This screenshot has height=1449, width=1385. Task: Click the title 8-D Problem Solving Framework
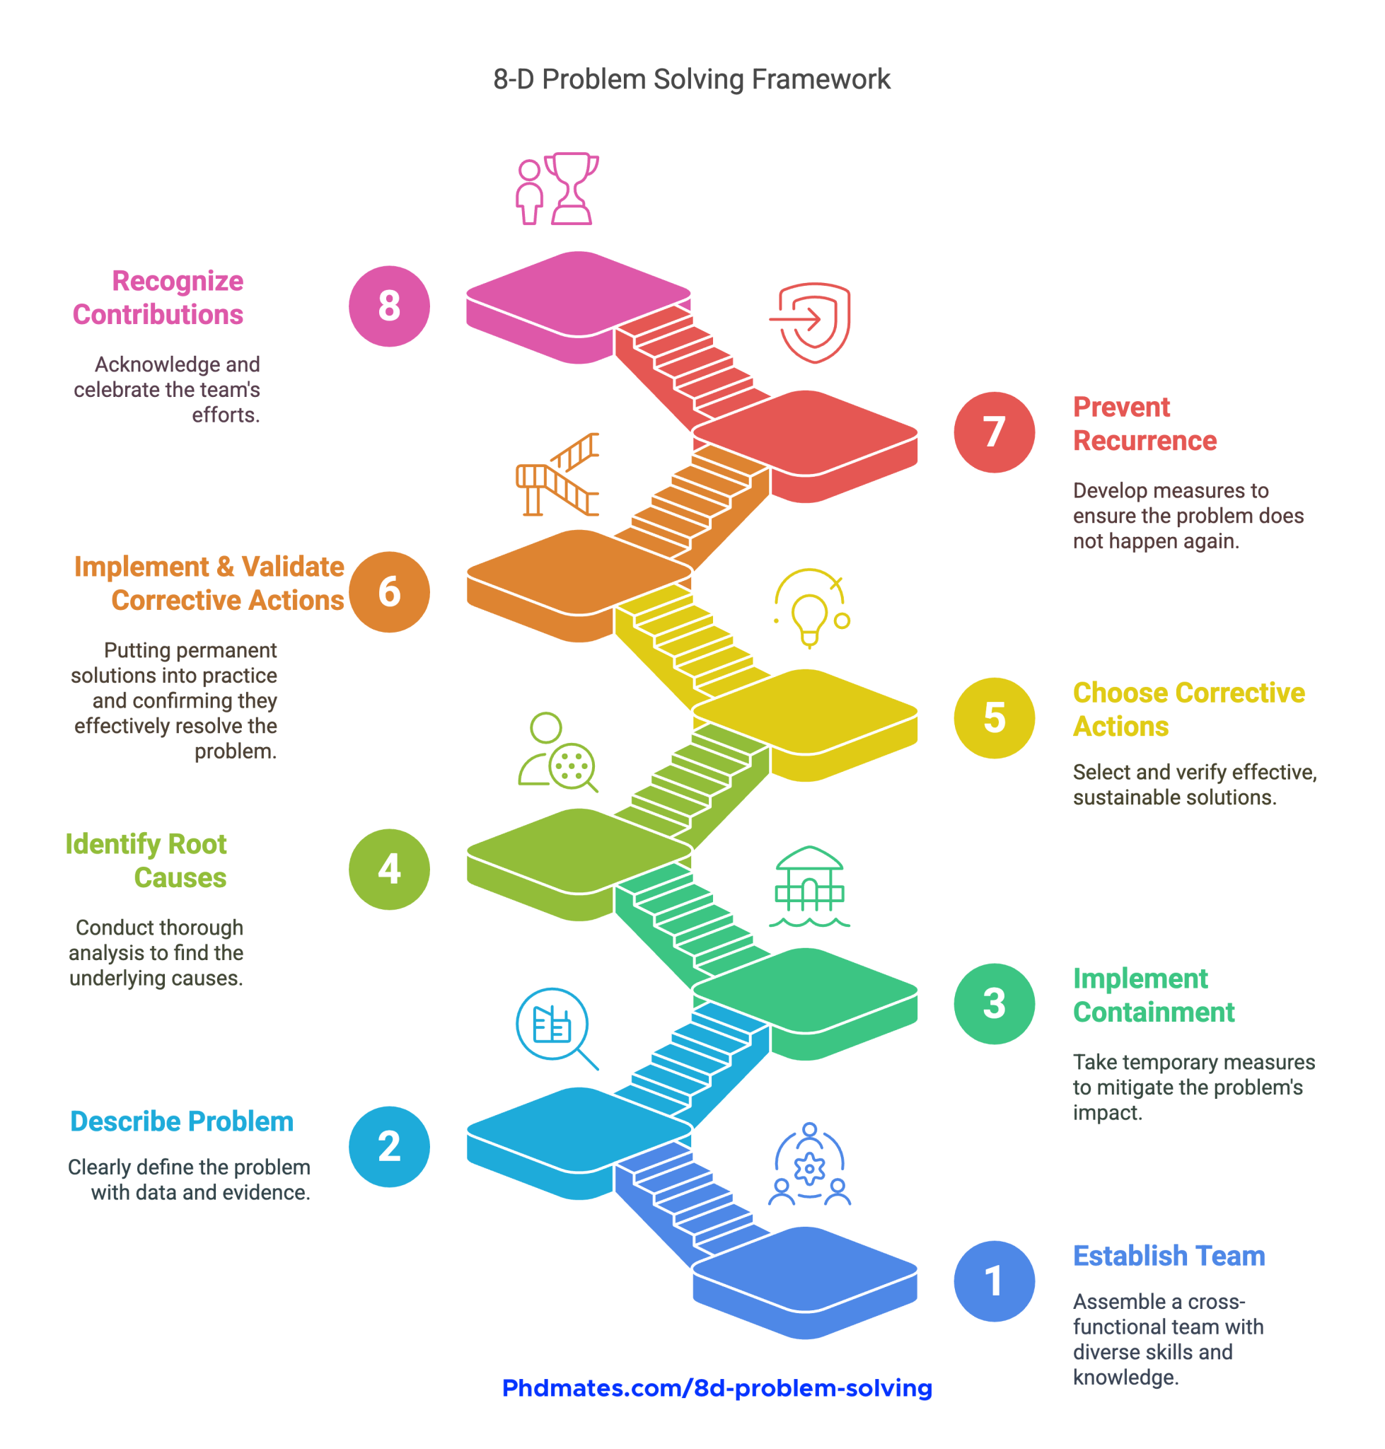click(x=692, y=80)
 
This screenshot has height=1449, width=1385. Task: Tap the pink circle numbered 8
click(x=389, y=306)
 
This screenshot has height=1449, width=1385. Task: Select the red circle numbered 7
click(x=994, y=432)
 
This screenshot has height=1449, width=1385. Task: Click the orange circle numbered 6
click(x=389, y=591)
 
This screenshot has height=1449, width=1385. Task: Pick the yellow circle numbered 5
click(x=994, y=718)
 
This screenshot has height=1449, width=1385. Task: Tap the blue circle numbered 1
click(x=994, y=1281)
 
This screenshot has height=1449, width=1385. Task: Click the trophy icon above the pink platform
click(x=557, y=188)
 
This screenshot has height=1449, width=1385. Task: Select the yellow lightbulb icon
click(x=811, y=608)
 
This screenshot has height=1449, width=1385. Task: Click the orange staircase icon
click(x=557, y=474)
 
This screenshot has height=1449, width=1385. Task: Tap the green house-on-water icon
click(x=809, y=887)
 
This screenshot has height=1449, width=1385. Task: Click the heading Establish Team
click(x=1169, y=1256)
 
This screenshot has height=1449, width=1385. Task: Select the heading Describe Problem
click(x=182, y=1121)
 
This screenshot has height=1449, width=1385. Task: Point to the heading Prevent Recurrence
click(x=1144, y=424)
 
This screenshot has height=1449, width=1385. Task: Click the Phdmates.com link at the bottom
click(x=717, y=1387)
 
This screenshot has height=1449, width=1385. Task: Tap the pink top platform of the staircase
click(x=578, y=294)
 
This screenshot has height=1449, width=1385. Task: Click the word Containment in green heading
click(x=1153, y=1012)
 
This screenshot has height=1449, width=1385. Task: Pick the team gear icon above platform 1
click(x=809, y=1165)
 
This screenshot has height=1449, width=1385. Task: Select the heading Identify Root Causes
click(x=146, y=860)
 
